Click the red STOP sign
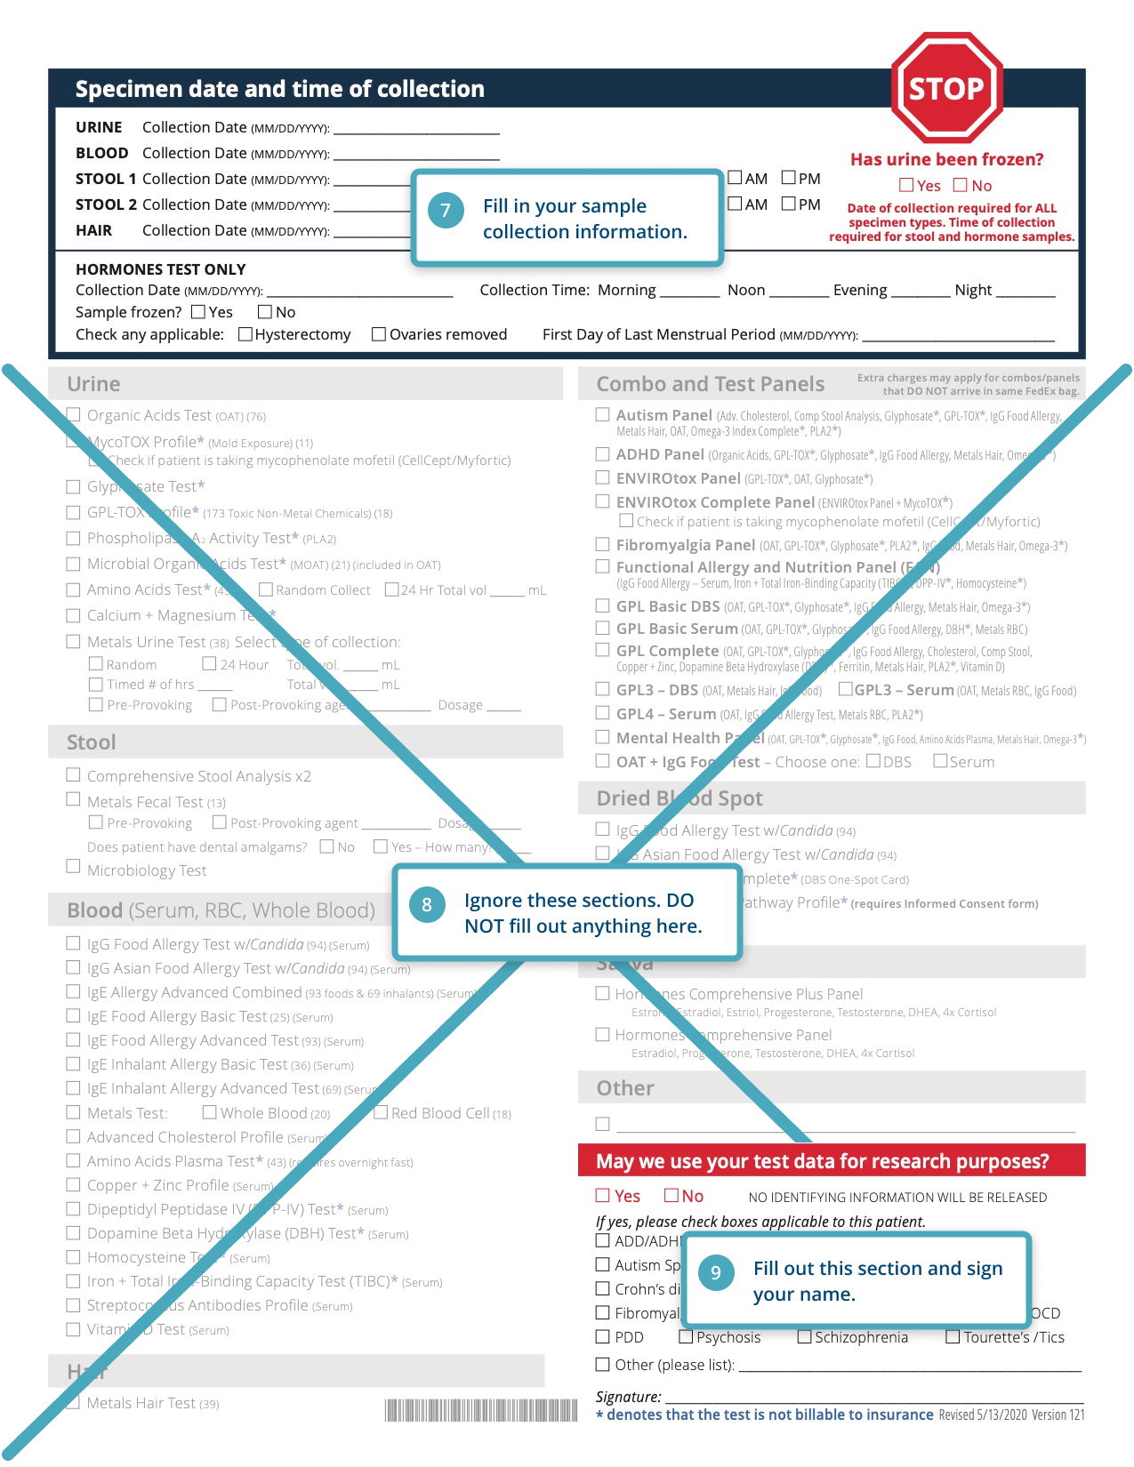(x=947, y=88)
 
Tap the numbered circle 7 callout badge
(x=446, y=211)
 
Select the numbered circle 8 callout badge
(x=427, y=905)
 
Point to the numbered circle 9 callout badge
(x=715, y=1272)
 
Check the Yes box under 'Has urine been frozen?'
(x=906, y=185)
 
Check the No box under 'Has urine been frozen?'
(x=961, y=185)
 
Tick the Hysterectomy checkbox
(x=245, y=334)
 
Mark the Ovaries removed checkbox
(x=379, y=334)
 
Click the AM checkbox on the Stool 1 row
(x=735, y=178)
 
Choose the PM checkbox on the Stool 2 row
(x=789, y=204)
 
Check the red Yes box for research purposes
(x=603, y=1196)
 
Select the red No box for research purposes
(x=672, y=1196)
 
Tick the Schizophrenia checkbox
(x=804, y=1337)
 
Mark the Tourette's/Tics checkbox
(x=953, y=1337)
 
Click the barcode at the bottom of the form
(x=481, y=1410)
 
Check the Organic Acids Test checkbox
(x=74, y=414)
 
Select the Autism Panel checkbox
(x=603, y=414)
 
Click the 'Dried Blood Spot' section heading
(x=680, y=798)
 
